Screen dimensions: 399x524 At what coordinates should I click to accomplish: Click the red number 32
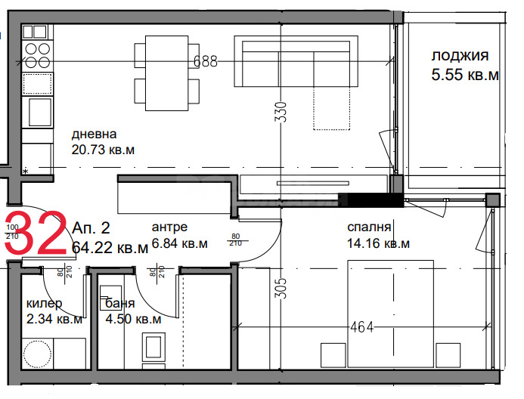tap(39, 236)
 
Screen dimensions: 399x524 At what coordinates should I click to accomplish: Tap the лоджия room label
tap(460, 55)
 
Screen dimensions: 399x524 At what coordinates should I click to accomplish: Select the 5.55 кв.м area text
tap(464, 75)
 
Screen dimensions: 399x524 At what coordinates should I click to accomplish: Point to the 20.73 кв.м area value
tap(103, 150)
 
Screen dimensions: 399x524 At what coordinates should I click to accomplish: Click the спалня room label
tap(369, 227)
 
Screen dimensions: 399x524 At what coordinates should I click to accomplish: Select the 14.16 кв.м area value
tap(378, 243)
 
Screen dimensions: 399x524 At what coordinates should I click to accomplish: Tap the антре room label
tap(169, 227)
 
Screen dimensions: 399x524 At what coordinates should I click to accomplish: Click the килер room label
tap(44, 303)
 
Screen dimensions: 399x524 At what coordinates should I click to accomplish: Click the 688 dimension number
tap(205, 62)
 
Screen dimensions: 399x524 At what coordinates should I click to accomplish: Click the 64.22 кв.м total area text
tap(110, 248)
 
